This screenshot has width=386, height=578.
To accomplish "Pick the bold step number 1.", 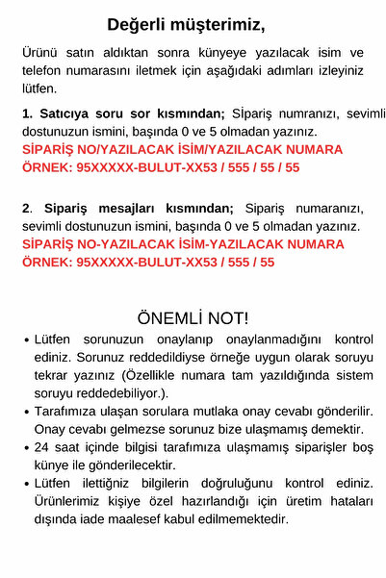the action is (26, 113).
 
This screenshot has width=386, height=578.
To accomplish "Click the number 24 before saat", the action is (41, 448).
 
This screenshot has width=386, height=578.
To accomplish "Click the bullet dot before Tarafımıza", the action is (25, 412).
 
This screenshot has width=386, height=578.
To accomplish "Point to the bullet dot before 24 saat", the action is (25, 448).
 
